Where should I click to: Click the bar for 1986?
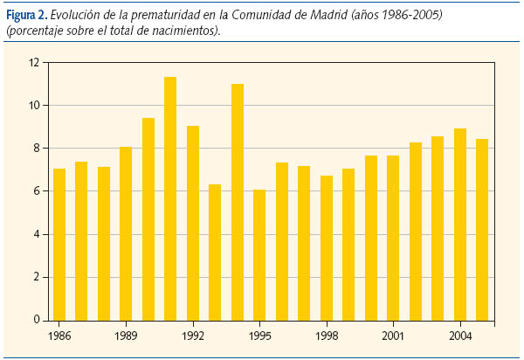point(59,244)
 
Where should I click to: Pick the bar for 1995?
point(259,254)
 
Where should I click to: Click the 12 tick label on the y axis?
point(34,63)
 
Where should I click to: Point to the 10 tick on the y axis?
point(34,106)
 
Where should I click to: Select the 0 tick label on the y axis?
point(37,320)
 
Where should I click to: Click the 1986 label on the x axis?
point(59,335)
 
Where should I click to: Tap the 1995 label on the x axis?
point(259,335)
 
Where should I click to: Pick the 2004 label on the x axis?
point(459,335)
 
